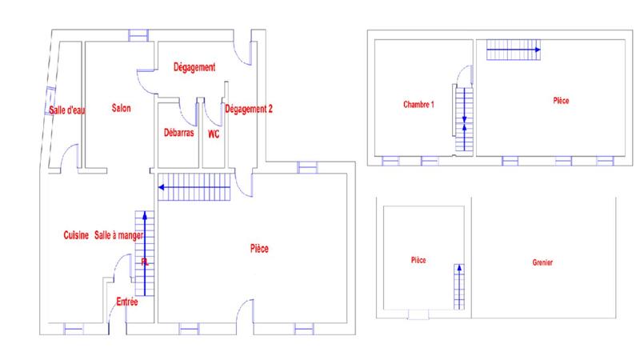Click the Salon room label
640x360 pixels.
click(122, 109)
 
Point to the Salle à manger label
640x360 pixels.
click(118, 235)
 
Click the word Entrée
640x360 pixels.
click(130, 302)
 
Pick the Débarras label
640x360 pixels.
click(178, 134)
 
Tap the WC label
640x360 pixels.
click(214, 134)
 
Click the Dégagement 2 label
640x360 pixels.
click(250, 109)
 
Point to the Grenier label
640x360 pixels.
click(542, 262)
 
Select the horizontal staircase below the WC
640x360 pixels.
click(194, 188)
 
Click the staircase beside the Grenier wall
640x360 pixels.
click(460, 286)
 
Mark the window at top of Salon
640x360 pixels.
click(138, 34)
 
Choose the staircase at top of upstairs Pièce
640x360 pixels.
click(514, 50)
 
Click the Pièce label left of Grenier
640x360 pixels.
click(418, 260)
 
